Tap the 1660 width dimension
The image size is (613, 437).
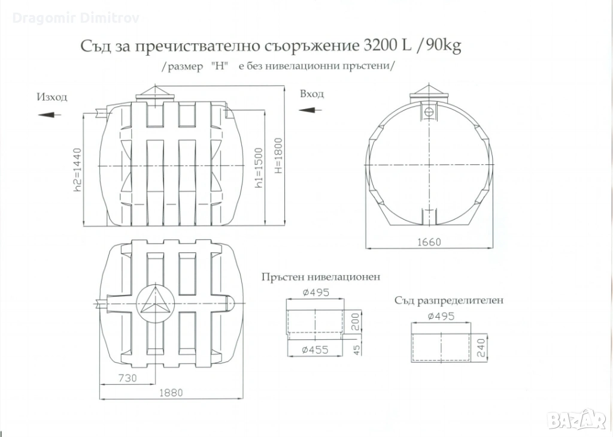point(429,242)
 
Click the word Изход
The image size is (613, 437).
point(52,97)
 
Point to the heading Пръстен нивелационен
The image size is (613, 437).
point(321,278)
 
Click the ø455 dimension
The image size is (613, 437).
point(315,350)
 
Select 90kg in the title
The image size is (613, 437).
point(443,47)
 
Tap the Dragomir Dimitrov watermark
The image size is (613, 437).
point(75,19)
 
